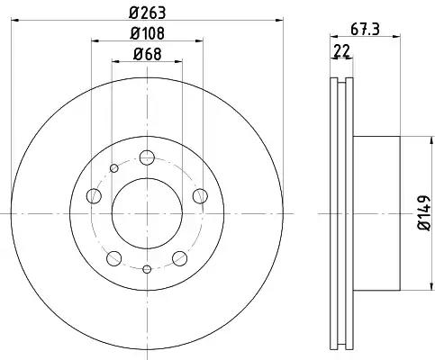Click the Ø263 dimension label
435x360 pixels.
click(147, 13)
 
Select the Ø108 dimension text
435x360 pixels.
click(147, 33)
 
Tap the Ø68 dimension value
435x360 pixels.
click(147, 54)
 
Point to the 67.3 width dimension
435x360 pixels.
click(365, 30)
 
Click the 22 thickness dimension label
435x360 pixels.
click(342, 51)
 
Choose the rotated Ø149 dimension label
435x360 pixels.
click(424, 213)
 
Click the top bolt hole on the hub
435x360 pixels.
click(147, 157)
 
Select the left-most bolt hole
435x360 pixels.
click(94, 196)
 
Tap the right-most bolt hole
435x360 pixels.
click(200, 196)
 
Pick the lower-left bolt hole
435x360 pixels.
click(114, 258)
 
